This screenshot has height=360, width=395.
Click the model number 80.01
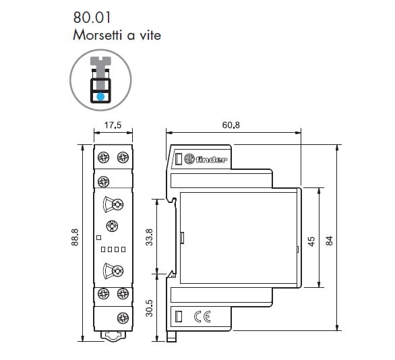click(92, 18)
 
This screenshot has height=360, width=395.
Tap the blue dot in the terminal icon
click(100, 96)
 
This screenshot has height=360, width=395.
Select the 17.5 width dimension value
click(113, 125)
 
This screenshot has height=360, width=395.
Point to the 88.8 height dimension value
click(75, 237)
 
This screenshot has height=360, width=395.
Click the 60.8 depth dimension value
click(231, 125)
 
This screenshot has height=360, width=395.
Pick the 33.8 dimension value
click(150, 237)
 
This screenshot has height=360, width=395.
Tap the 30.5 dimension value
click(150, 308)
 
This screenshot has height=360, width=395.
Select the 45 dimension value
click(311, 241)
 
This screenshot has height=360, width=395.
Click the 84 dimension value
click(329, 241)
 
